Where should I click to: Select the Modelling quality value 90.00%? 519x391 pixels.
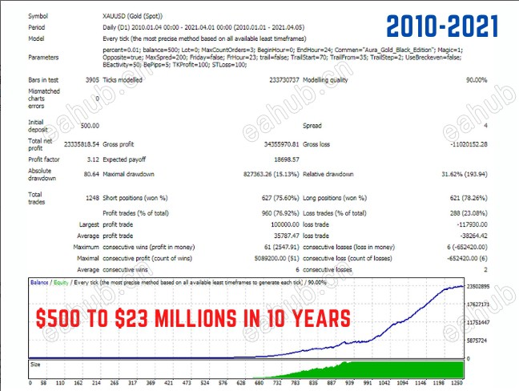pyautogui.click(x=469, y=80)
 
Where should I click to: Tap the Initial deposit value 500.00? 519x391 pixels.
pyautogui.click(x=89, y=126)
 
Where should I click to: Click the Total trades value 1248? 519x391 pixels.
pyautogui.click(x=90, y=197)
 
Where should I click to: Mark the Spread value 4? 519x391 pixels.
pyautogui.click(x=485, y=126)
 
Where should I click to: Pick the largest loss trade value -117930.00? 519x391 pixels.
pyautogui.click(x=465, y=225)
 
